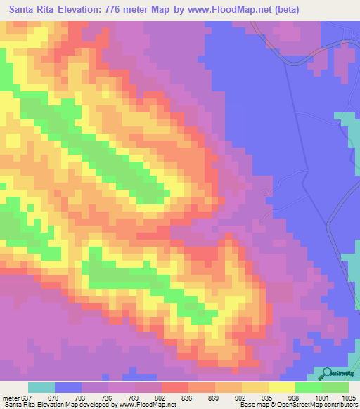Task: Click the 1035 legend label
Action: (x=349, y=397)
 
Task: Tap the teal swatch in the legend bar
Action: (x=41, y=387)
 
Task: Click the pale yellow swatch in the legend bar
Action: (x=281, y=387)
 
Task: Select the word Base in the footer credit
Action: (x=247, y=405)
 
